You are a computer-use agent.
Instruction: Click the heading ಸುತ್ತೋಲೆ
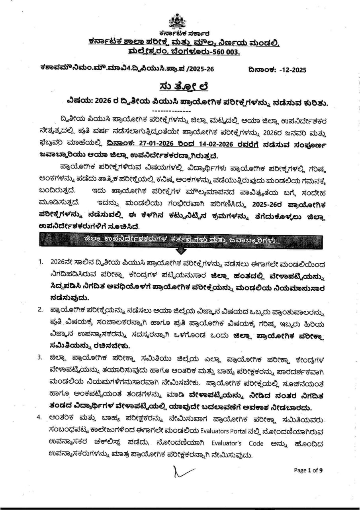pos(180,86)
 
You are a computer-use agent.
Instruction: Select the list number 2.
pos(40,310)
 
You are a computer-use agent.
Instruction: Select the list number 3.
pos(40,357)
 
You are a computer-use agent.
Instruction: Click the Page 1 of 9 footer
pos(308,470)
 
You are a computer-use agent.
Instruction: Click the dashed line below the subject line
pos(172,110)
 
